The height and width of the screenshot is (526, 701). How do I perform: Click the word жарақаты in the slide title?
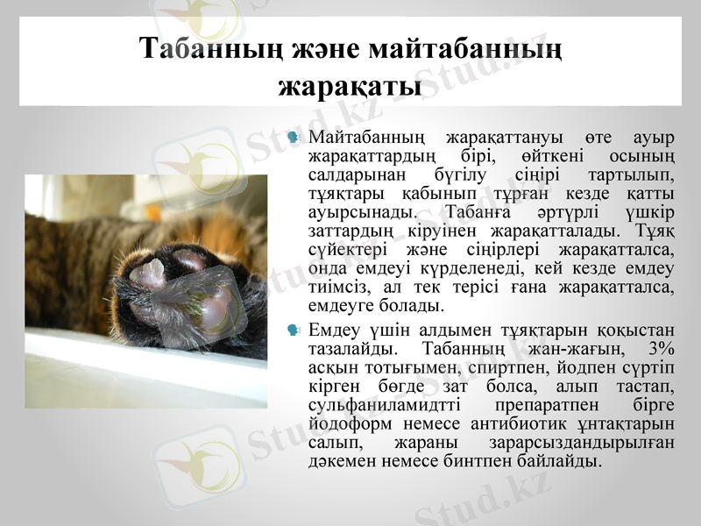[x=350, y=86]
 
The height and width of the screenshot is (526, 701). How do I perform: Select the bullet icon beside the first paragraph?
[x=294, y=139]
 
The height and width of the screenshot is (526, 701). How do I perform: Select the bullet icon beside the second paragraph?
[x=294, y=330]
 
